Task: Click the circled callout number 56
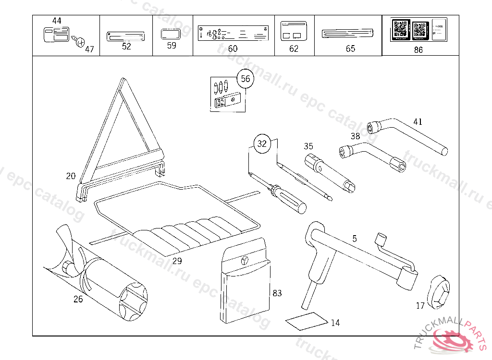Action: click(x=246, y=79)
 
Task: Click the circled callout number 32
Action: click(x=262, y=144)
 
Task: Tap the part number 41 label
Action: click(x=418, y=122)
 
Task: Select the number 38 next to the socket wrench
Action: click(x=355, y=136)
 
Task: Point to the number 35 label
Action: click(x=308, y=146)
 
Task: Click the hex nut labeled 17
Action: click(x=439, y=291)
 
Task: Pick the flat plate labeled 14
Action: click(x=306, y=321)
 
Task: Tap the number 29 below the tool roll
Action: click(x=177, y=261)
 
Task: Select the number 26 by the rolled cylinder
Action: click(x=78, y=300)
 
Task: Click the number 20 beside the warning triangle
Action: click(x=71, y=176)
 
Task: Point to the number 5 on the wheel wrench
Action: click(x=354, y=239)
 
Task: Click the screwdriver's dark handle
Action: click(x=291, y=200)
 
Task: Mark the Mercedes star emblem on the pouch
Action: click(x=245, y=261)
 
